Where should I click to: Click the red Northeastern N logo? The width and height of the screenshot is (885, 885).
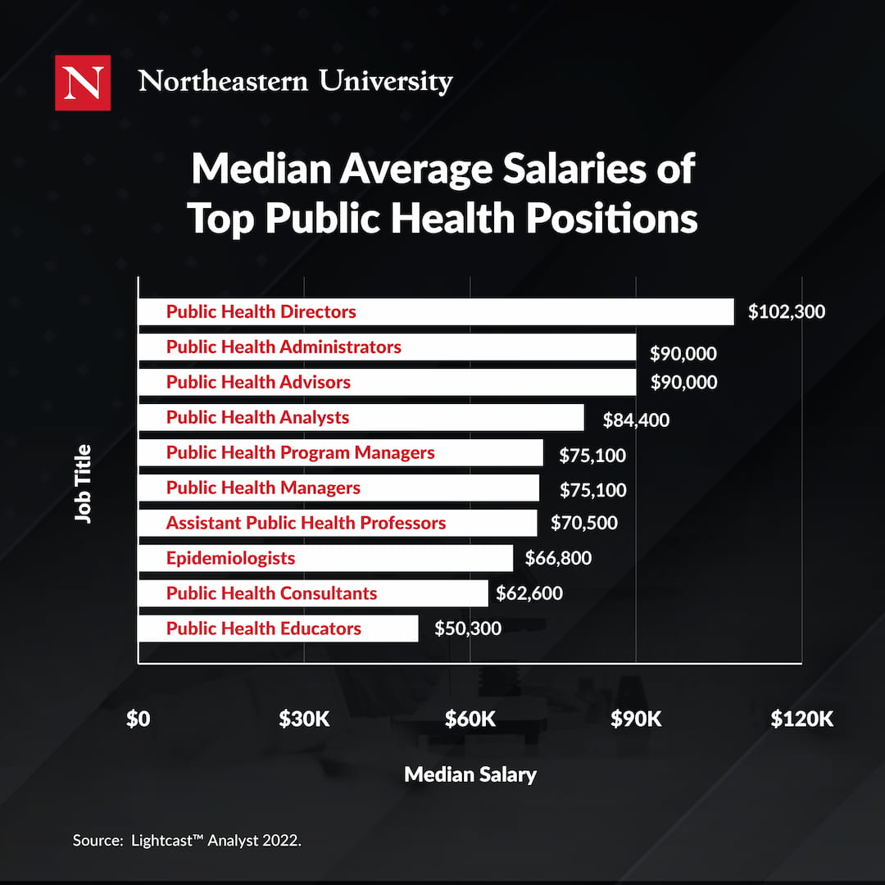pos(83,82)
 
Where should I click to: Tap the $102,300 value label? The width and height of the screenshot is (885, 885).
pos(787,311)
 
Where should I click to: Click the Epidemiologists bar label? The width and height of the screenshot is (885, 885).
pos(230,558)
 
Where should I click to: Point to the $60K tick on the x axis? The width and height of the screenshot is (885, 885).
pos(470,719)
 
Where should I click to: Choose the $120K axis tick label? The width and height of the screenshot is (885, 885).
pos(801,719)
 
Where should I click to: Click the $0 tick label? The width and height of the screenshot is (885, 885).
pos(138,719)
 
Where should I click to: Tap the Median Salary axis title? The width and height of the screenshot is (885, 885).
pos(470,774)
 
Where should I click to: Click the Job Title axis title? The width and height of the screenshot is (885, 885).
pos(83,483)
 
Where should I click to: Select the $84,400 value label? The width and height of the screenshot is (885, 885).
pos(636,420)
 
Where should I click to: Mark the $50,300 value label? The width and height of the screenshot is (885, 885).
pos(468,629)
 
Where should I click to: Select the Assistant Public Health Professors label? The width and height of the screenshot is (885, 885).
pos(306,523)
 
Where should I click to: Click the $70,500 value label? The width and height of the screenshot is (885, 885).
pos(584,523)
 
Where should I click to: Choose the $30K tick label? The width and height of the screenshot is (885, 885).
pos(304,719)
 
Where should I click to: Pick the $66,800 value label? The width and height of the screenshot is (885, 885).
pos(557,558)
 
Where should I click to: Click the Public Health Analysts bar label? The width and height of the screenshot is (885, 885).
pos(257,417)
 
